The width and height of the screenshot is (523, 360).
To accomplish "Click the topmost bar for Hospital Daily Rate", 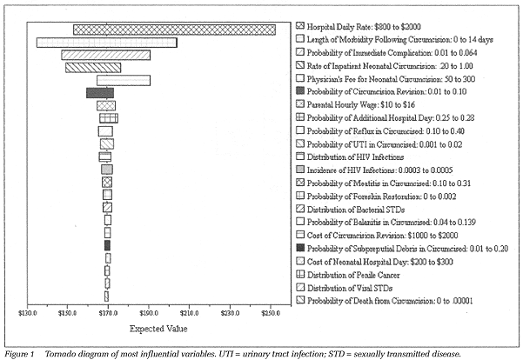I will click(174, 30).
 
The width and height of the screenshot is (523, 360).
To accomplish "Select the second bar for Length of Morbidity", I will click(106, 42).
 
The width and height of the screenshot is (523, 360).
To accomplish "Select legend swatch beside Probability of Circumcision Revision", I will click(300, 91).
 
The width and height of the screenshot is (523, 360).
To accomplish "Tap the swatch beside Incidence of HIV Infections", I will click(300, 170).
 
